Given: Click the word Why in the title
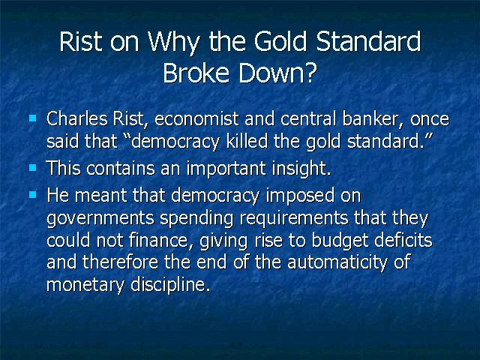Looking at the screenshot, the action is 174,42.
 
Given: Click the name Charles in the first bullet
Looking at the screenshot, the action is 77,118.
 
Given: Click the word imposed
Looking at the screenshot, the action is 300,195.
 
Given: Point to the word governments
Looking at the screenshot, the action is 100,218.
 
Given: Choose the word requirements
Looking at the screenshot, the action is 294,218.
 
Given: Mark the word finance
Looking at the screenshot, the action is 162,240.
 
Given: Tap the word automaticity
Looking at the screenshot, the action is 337,262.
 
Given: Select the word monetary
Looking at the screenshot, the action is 85,285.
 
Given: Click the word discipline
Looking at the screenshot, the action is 170,285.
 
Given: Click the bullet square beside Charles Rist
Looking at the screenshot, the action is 33,118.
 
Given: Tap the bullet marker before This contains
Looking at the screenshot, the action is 33,168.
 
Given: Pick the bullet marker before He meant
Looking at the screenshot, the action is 33,195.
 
